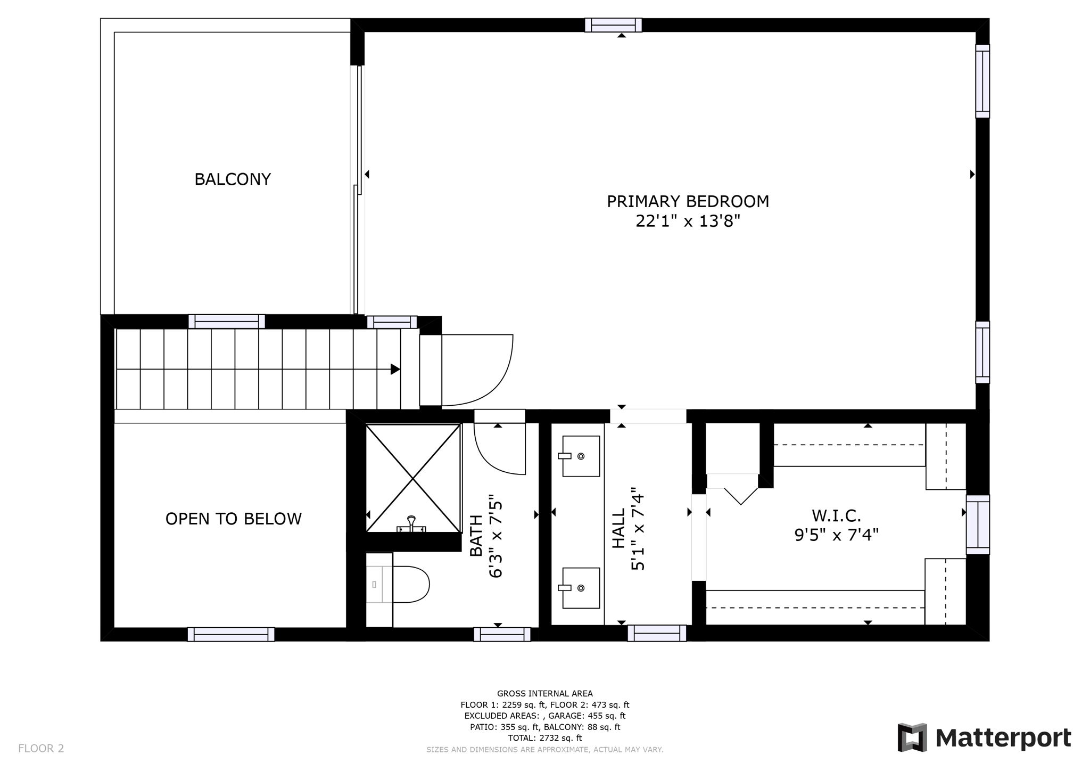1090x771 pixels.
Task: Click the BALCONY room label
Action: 233,179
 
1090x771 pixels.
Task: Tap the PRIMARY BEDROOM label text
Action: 688,201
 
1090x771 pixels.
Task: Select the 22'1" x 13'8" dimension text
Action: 688,221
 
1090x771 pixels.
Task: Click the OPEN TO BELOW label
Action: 233,519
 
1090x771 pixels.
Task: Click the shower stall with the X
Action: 413,478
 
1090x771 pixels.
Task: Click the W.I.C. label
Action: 836,515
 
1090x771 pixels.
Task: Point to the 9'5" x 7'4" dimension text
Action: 836,535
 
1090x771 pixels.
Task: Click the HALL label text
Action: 618,528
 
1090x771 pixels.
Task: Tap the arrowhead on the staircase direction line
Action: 395,369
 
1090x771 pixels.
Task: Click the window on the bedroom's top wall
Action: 613,25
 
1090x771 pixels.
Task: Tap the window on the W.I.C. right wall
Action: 978,524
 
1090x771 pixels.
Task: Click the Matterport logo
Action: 984,737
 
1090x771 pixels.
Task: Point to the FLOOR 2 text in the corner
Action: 41,748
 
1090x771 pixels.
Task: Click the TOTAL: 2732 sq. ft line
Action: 544,738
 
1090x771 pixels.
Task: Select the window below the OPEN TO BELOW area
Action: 230,634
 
